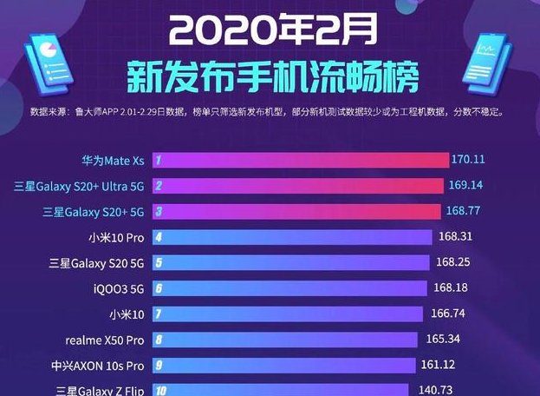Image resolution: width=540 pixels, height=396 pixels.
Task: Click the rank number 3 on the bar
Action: pos(159,211)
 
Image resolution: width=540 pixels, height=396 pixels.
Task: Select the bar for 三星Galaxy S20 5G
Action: pos(290,262)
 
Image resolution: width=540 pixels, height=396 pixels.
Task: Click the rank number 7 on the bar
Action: pos(159,313)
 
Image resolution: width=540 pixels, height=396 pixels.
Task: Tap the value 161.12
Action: pos(440,364)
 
